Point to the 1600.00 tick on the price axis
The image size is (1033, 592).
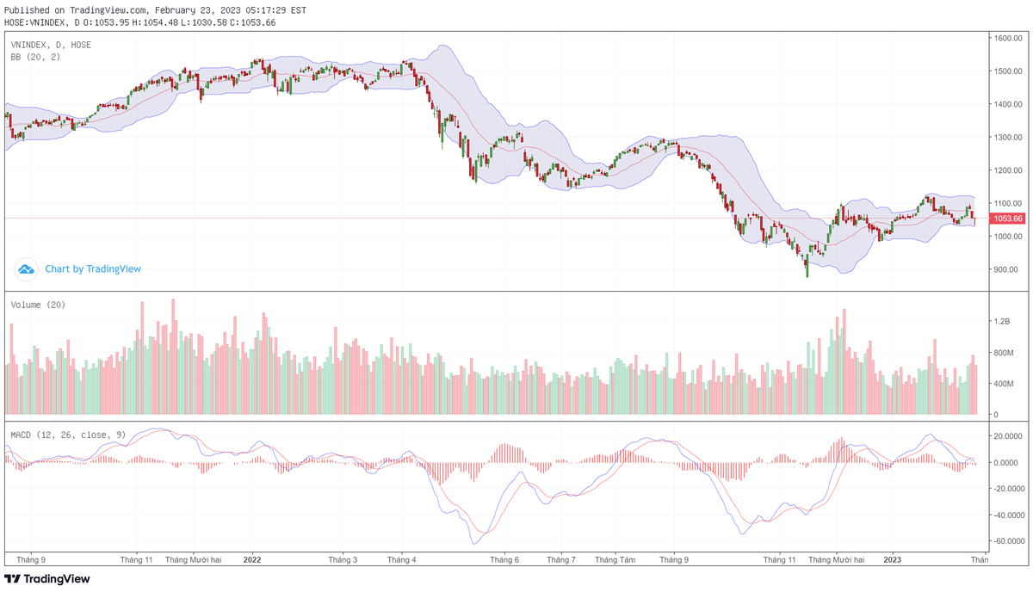[1006, 39]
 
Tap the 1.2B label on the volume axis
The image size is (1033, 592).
[1001, 321]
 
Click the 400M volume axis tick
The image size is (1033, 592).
[1003, 384]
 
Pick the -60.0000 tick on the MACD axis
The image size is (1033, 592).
[1006, 542]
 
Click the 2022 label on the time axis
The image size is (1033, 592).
[252, 559]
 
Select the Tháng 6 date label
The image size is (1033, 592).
[504, 559]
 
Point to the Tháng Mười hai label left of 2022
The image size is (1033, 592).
[193, 559]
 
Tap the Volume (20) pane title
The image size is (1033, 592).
[38, 305]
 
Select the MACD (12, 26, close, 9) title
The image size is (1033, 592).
[68, 435]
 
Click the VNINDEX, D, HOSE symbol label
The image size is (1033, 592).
[51, 45]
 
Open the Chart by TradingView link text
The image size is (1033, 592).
[93, 269]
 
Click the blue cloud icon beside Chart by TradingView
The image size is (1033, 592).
[27, 269]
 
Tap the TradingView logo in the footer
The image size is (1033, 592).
[47, 579]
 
